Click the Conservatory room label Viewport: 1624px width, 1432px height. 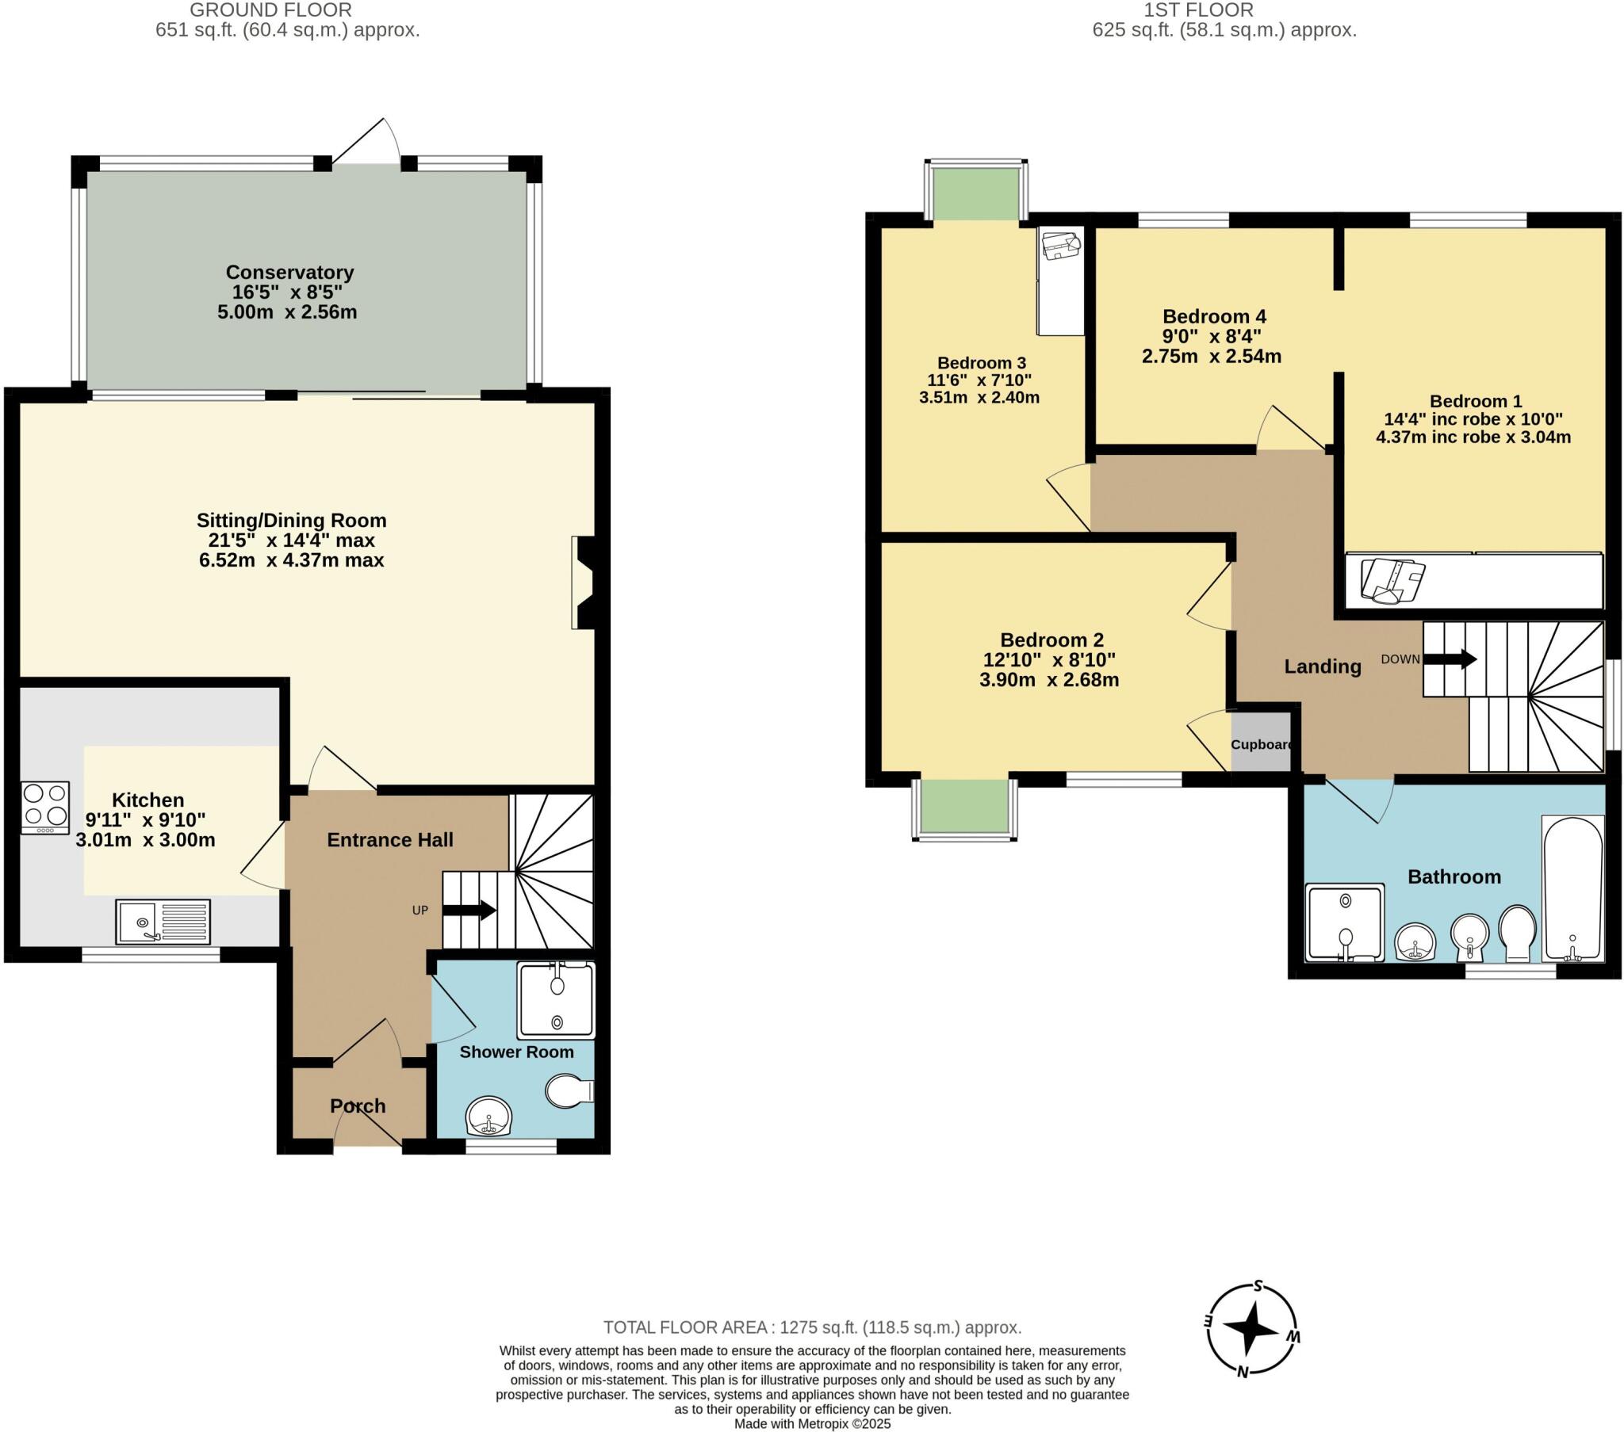click(289, 273)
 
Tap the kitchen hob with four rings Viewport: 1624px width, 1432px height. click(45, 807)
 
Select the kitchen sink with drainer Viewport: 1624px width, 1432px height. click(163, 922)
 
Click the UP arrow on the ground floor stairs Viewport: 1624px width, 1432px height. click(469, 911)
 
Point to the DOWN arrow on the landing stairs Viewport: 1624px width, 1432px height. click(1450, 659)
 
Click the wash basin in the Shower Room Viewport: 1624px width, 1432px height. click(488, 1117)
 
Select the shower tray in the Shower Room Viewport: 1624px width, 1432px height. click(555, 1000)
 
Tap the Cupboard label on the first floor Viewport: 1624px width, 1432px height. click(1261, 744)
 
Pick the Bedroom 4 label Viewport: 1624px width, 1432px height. click(1214, 316)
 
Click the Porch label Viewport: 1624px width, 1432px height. click(358, 1106)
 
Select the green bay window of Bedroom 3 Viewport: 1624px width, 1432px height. click(976, 194)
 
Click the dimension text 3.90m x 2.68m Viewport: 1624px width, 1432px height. click(1049, 680)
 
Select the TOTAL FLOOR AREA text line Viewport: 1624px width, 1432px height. click(812, 1327)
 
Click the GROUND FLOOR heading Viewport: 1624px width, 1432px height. click(271, 10)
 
